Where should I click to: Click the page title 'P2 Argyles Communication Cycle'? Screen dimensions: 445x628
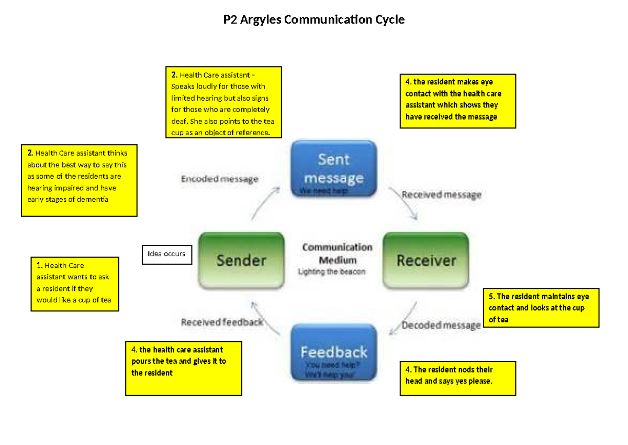(x=314, y=20)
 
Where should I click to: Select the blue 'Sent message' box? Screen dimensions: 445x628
(x=334, y=168)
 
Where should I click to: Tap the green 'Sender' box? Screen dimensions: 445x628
(x=241, y=261)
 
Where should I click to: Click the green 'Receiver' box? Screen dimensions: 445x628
(x=426, y=261)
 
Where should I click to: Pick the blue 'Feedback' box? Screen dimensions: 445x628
(x=334, y=352)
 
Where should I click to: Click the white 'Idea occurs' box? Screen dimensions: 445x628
(x=166, y=254)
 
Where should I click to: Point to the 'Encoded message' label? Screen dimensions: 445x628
(x=220, y=179)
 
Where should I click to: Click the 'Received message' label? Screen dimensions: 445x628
(x=441, y=194)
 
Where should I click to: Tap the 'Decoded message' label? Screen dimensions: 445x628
(x=441, y=325)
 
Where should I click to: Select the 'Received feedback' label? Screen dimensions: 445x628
(x=222, y=322)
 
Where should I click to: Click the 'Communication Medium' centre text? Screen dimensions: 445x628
(x=337, y=253)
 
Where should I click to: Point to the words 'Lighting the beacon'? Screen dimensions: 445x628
(x=331, y=272)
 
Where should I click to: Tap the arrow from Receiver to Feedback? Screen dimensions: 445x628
(x=405, y=317)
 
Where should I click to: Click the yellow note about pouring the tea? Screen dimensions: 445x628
(x=183, y=368)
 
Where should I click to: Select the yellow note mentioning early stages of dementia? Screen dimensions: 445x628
(x=79, y=180)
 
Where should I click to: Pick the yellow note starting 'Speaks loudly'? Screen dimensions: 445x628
(x=223, y=102)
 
